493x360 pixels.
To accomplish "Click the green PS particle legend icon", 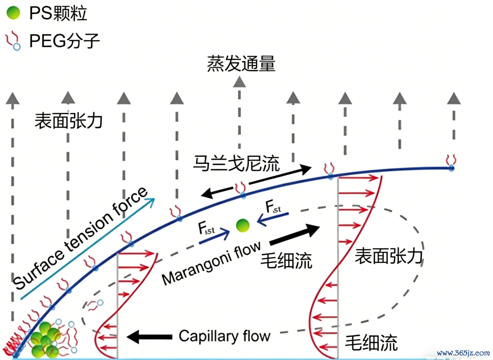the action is pyautogui.click(x=13, y=13).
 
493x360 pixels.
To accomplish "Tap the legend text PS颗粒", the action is pyautogui.click(x=58, y=14).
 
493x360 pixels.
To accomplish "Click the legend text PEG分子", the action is pyautogui.click(x=64, y=41).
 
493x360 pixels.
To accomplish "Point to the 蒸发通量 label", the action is pyautogui.click(x=241, y=64).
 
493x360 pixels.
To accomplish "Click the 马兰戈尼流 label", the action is pyautogui.click(x=236, y=164).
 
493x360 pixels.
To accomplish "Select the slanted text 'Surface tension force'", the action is pyautogui.click(x=80, y=238).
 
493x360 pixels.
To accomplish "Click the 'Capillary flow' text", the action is pyautogui.click(x=225, y=336).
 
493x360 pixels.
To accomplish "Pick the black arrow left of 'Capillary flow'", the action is pyautogui.click(x=149, y=337).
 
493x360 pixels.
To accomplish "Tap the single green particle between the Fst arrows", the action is pyautogui.click(x=243, y=225).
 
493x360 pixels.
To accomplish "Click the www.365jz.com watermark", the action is pyautogui.click(x=463, y=353).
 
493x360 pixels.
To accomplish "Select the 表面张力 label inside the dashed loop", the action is pyautogui.click(x=389, y=256).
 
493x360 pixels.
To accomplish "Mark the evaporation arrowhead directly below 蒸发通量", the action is pyautogui.click(x=240, y=82).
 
